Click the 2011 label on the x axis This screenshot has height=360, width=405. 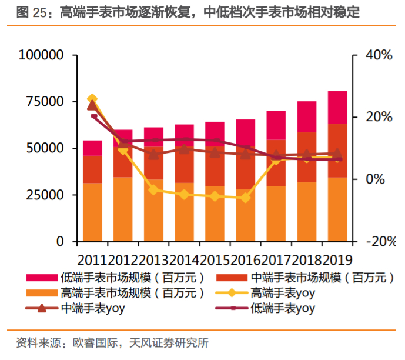pos(92,259)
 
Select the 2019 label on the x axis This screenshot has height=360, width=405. pos(337,259)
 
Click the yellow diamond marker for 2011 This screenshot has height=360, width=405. pos(92,99)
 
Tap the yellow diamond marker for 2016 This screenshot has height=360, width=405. pos(245,198)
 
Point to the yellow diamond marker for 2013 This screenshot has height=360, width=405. pos(153,189)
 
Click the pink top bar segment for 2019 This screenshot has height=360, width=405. pos(337,107)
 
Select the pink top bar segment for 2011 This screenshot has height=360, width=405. pos(92,148)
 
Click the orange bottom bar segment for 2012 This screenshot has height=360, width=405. pos(123,209)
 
